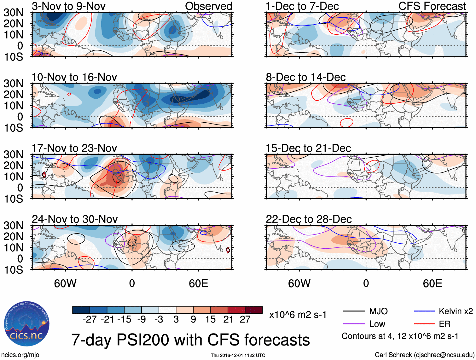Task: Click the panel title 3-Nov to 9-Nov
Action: (x=68, y=6)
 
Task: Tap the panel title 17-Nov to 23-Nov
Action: (x=74, y=148)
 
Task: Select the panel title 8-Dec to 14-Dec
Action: (x=305, y=77)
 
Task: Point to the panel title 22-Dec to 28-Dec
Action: (x=309, y=219)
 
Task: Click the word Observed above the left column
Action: (x=208, y=6)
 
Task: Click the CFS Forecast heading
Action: (x=432, y=6)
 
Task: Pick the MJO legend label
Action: (x=378, y=311)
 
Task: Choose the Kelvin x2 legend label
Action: (x=456, y=311)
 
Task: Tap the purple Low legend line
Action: (x=354, y=324)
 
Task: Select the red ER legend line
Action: (x=424, y=324)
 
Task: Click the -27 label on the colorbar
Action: (x=90, y=320)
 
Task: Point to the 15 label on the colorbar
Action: (x=210, y=320)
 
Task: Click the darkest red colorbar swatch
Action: (x=254, y=310)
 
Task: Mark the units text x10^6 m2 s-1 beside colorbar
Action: (x=298, y=315)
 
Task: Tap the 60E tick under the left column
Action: (x=198, y=283)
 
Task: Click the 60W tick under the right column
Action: (x=299, y=283)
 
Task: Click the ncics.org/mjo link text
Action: (x=20, y=355)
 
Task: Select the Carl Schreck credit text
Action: (x=424, y=355)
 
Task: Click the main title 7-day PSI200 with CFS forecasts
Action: (x=190, y=340)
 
